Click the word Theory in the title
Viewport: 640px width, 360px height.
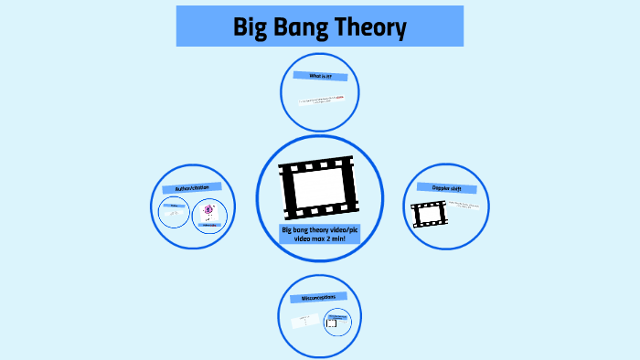370,27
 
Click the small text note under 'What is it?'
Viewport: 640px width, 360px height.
320,100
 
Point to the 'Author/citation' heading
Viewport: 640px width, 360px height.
186,188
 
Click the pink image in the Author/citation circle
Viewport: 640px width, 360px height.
208,209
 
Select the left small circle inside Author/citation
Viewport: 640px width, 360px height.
172,215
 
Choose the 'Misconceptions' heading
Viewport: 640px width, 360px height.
319,298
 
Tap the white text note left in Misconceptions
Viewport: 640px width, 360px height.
303,321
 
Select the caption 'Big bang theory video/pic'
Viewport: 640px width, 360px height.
319,229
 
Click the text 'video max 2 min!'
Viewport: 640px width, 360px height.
319,239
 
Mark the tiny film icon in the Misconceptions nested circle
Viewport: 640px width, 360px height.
333,323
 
